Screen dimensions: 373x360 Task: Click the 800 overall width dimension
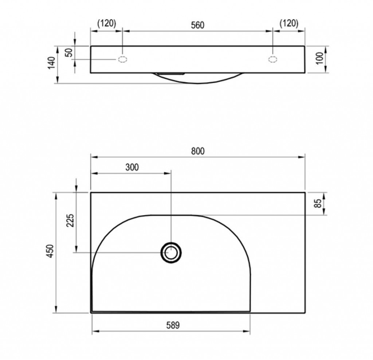pyautogui.click(x=198, y=151)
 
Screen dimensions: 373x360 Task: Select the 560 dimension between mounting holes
pyautogui.click(x=198, y=25)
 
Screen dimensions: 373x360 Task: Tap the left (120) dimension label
pyautogui.click(x=107, y=23)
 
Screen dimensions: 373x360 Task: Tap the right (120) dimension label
pyautogui.click(x=289, y=23)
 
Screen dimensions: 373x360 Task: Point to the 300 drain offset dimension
pyautogui.click(x=132, y=167)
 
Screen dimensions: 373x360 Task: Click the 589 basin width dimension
pyautogui.click(x=173, y=325)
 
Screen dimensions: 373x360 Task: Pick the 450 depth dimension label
pyautogui.click(x=50, y=251)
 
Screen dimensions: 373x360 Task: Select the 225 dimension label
pyautogui.click(x=70, y=220)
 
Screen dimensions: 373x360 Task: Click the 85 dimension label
pyautogui.click(x=318, y=203)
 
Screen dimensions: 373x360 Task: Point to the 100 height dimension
pyautogui.click(x=320, y=58)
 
